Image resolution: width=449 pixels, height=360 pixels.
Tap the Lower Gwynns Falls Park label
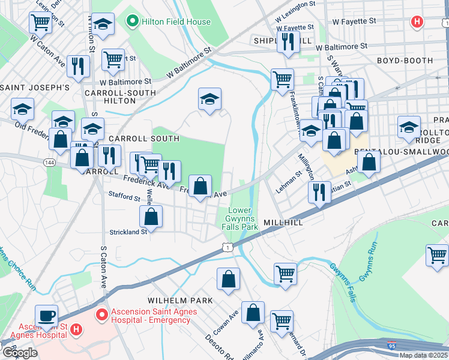[x=243, y=218]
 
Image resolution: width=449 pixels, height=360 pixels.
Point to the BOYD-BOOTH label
[x=405, y=61]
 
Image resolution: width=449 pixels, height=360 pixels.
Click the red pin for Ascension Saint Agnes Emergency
[x=102, y=313]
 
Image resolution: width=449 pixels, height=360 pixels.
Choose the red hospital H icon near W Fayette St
[x=417, y=22]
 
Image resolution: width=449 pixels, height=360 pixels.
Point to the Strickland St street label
[x=128, y=232]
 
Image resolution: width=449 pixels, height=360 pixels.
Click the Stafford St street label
[x=124, y=197]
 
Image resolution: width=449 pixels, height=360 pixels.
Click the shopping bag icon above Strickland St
[x=152, y=216]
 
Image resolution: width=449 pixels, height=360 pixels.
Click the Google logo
[x=20, y=352]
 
